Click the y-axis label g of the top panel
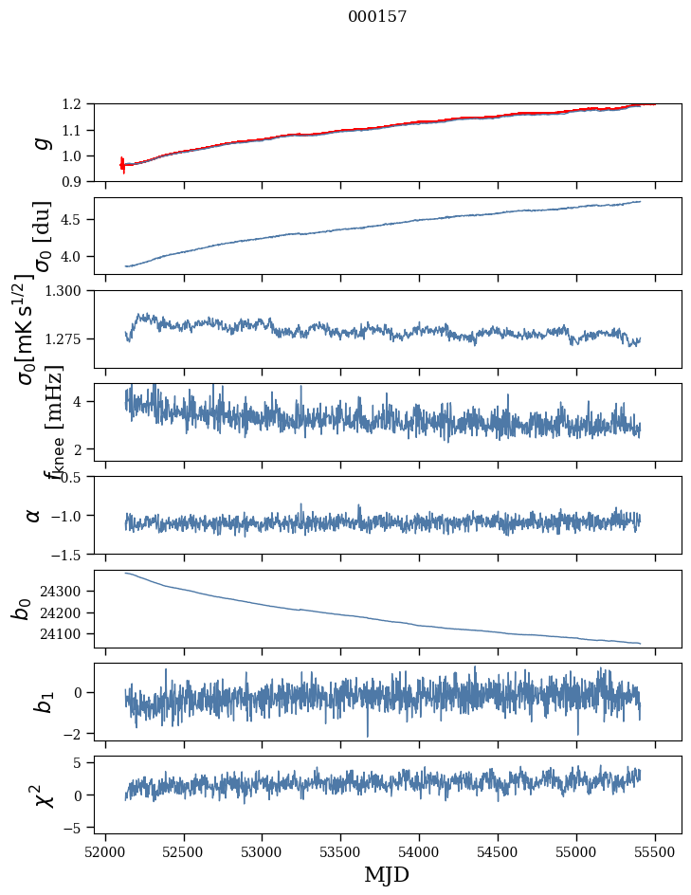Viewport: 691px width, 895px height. point(40,142)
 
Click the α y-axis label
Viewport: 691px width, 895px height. point(34,515)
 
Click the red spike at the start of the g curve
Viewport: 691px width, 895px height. point(122,165)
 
